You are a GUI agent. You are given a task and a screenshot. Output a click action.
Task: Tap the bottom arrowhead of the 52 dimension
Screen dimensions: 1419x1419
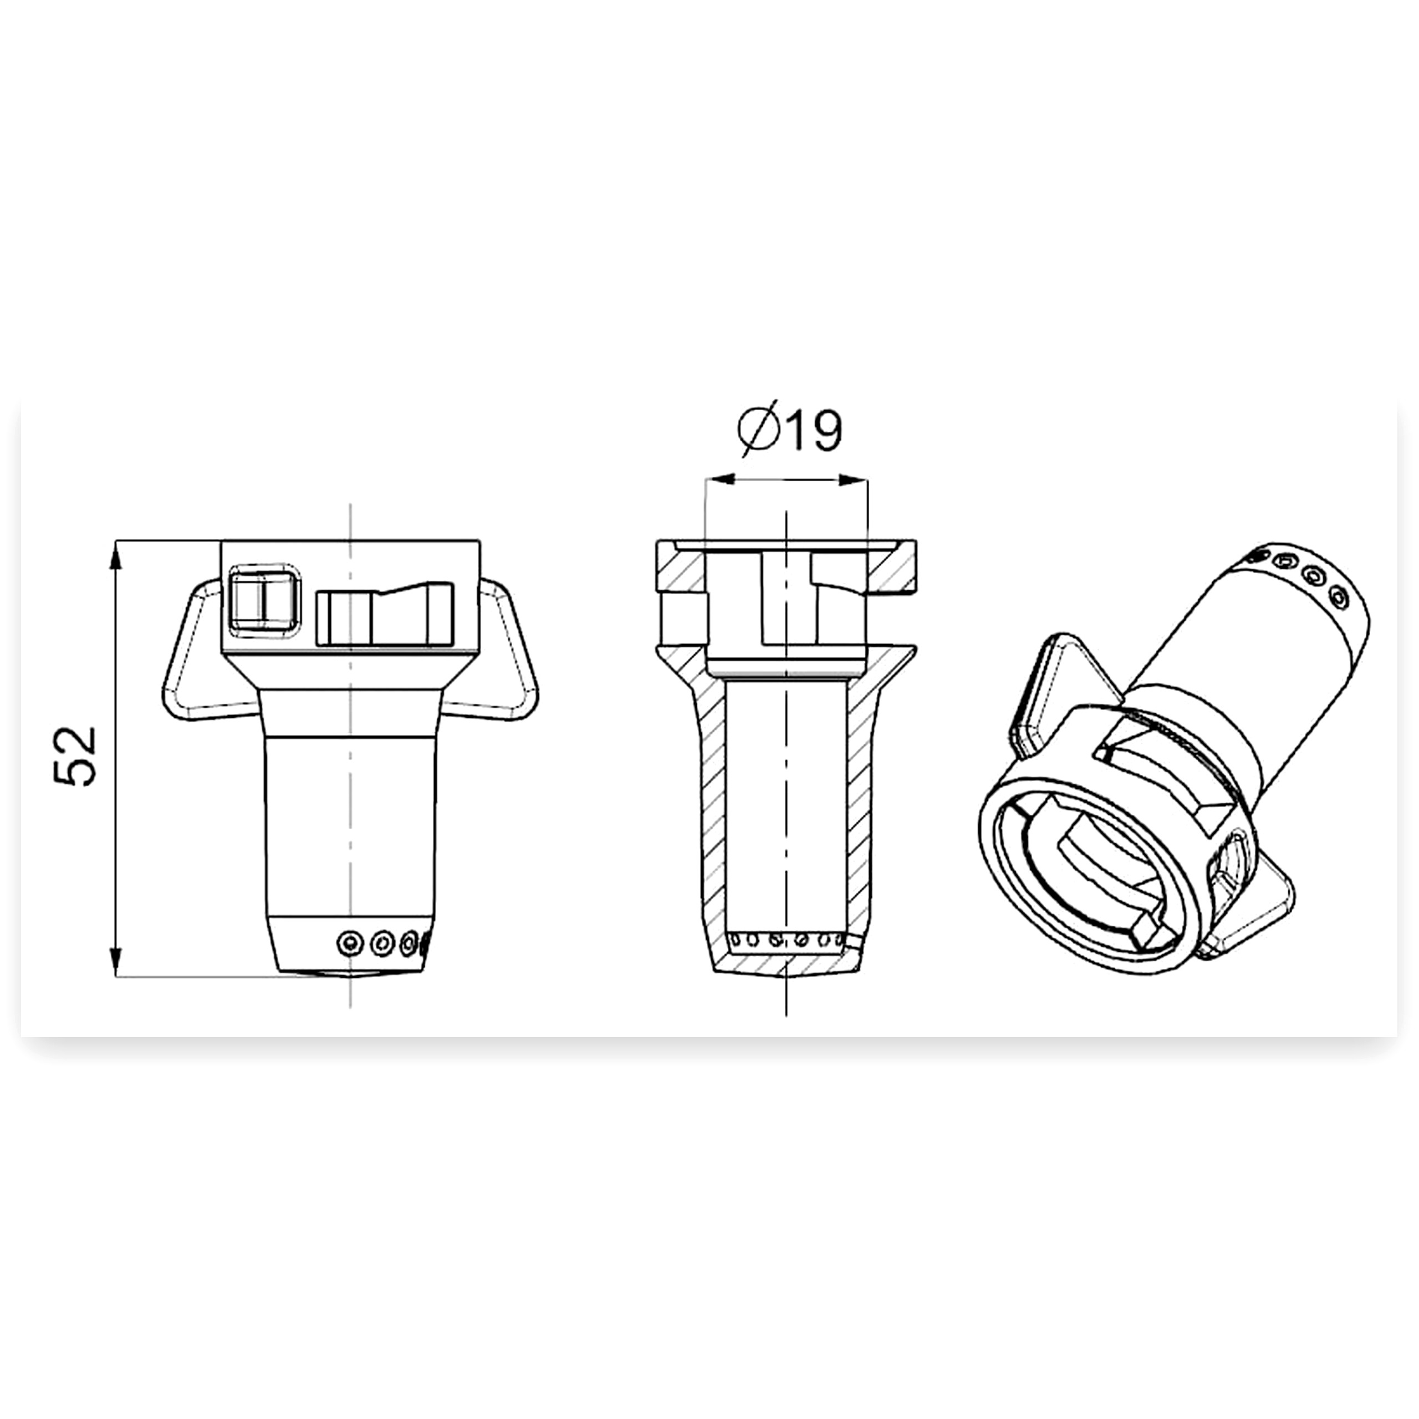[x=115, y=961]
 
